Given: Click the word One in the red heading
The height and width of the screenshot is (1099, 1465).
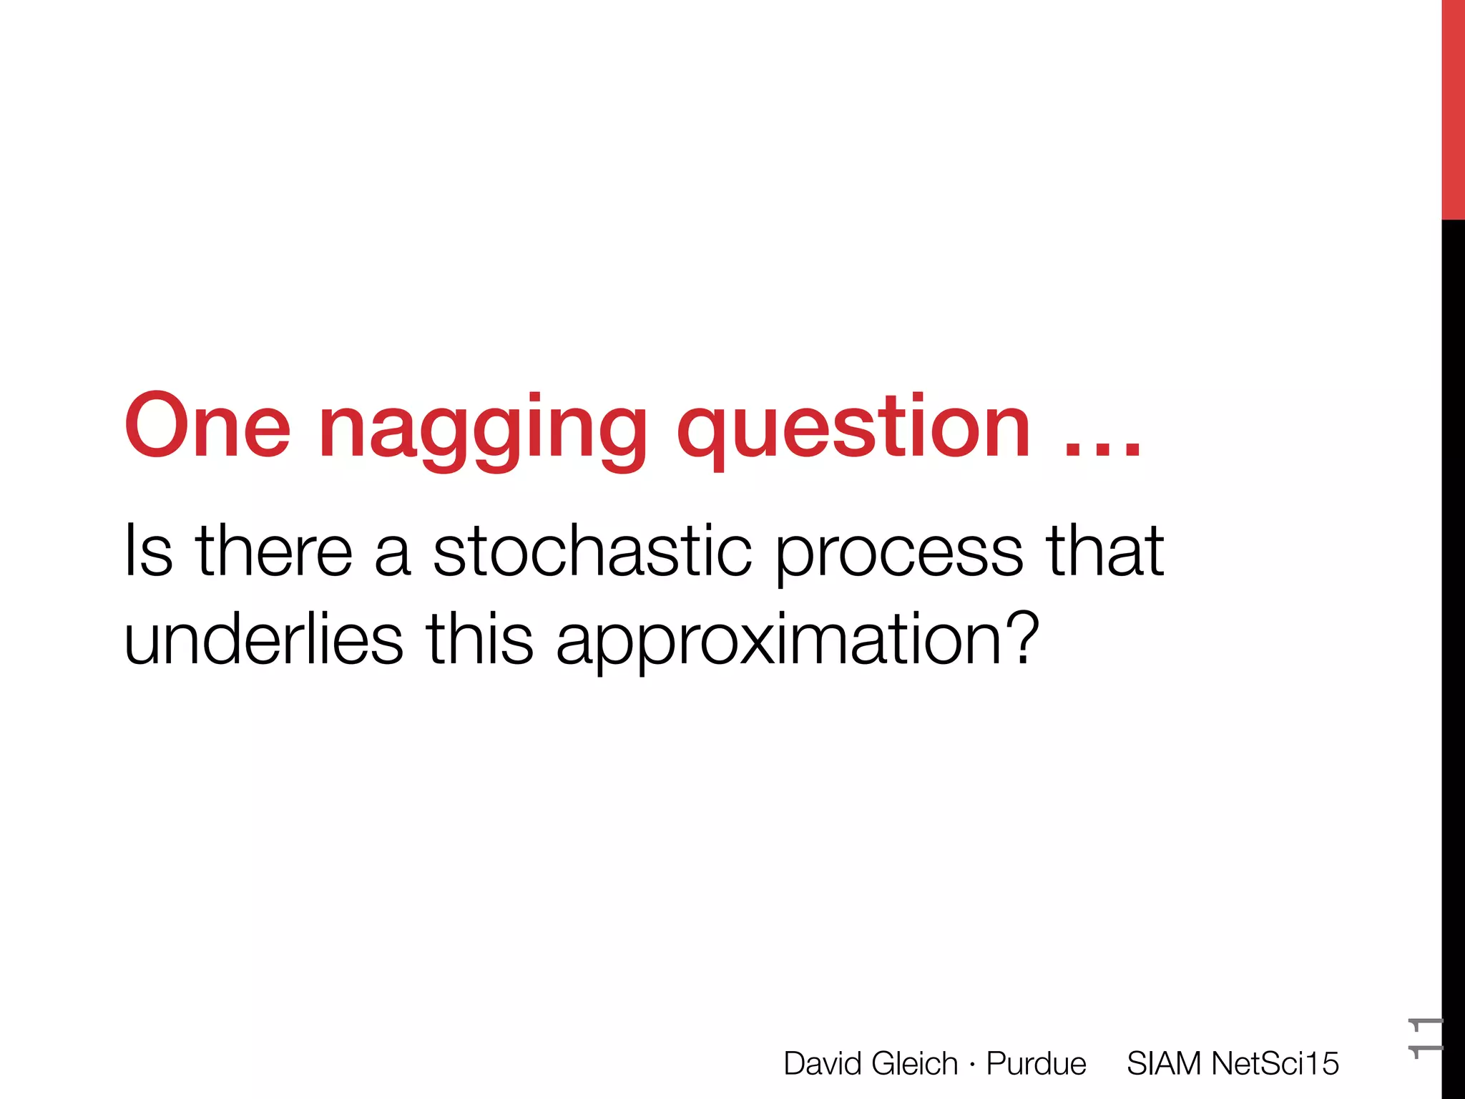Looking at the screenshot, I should [207, 426].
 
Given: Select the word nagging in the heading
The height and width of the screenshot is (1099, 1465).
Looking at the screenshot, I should [483, 429].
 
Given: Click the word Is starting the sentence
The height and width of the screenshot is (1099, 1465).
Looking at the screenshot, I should [148, 550].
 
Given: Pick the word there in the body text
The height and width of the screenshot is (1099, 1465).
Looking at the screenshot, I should [275, 550].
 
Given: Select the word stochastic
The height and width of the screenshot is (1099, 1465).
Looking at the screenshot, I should [592, 550].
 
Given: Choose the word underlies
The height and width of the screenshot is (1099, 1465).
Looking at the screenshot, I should [263, 639].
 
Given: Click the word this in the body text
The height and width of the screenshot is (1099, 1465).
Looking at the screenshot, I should [479, 639].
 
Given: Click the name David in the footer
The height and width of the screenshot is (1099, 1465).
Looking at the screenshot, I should [823, 1063].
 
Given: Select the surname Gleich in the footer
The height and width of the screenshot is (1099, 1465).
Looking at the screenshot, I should [915, 1063].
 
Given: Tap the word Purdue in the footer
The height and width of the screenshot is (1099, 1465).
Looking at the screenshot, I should [1036, 1064].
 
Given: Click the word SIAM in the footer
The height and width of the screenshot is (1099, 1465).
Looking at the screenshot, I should [1164, 1063].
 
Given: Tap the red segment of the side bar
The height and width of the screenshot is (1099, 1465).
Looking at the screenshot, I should [1453, 107].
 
